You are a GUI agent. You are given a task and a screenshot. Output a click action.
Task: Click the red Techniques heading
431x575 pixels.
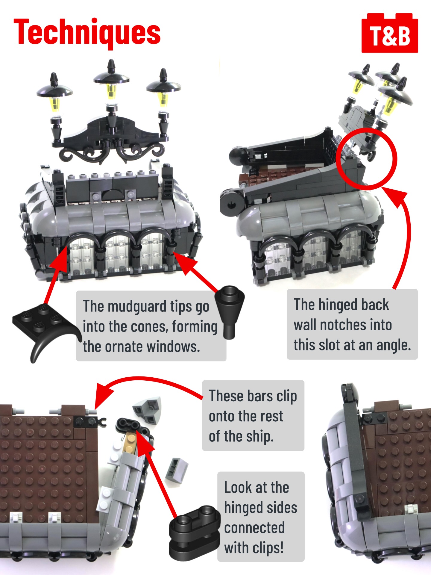[x=87, y=32]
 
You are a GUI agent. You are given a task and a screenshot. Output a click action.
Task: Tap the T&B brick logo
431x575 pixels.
[x=390, y=33]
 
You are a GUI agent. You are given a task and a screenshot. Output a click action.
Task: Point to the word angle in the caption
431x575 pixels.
[x=394, y=345]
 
